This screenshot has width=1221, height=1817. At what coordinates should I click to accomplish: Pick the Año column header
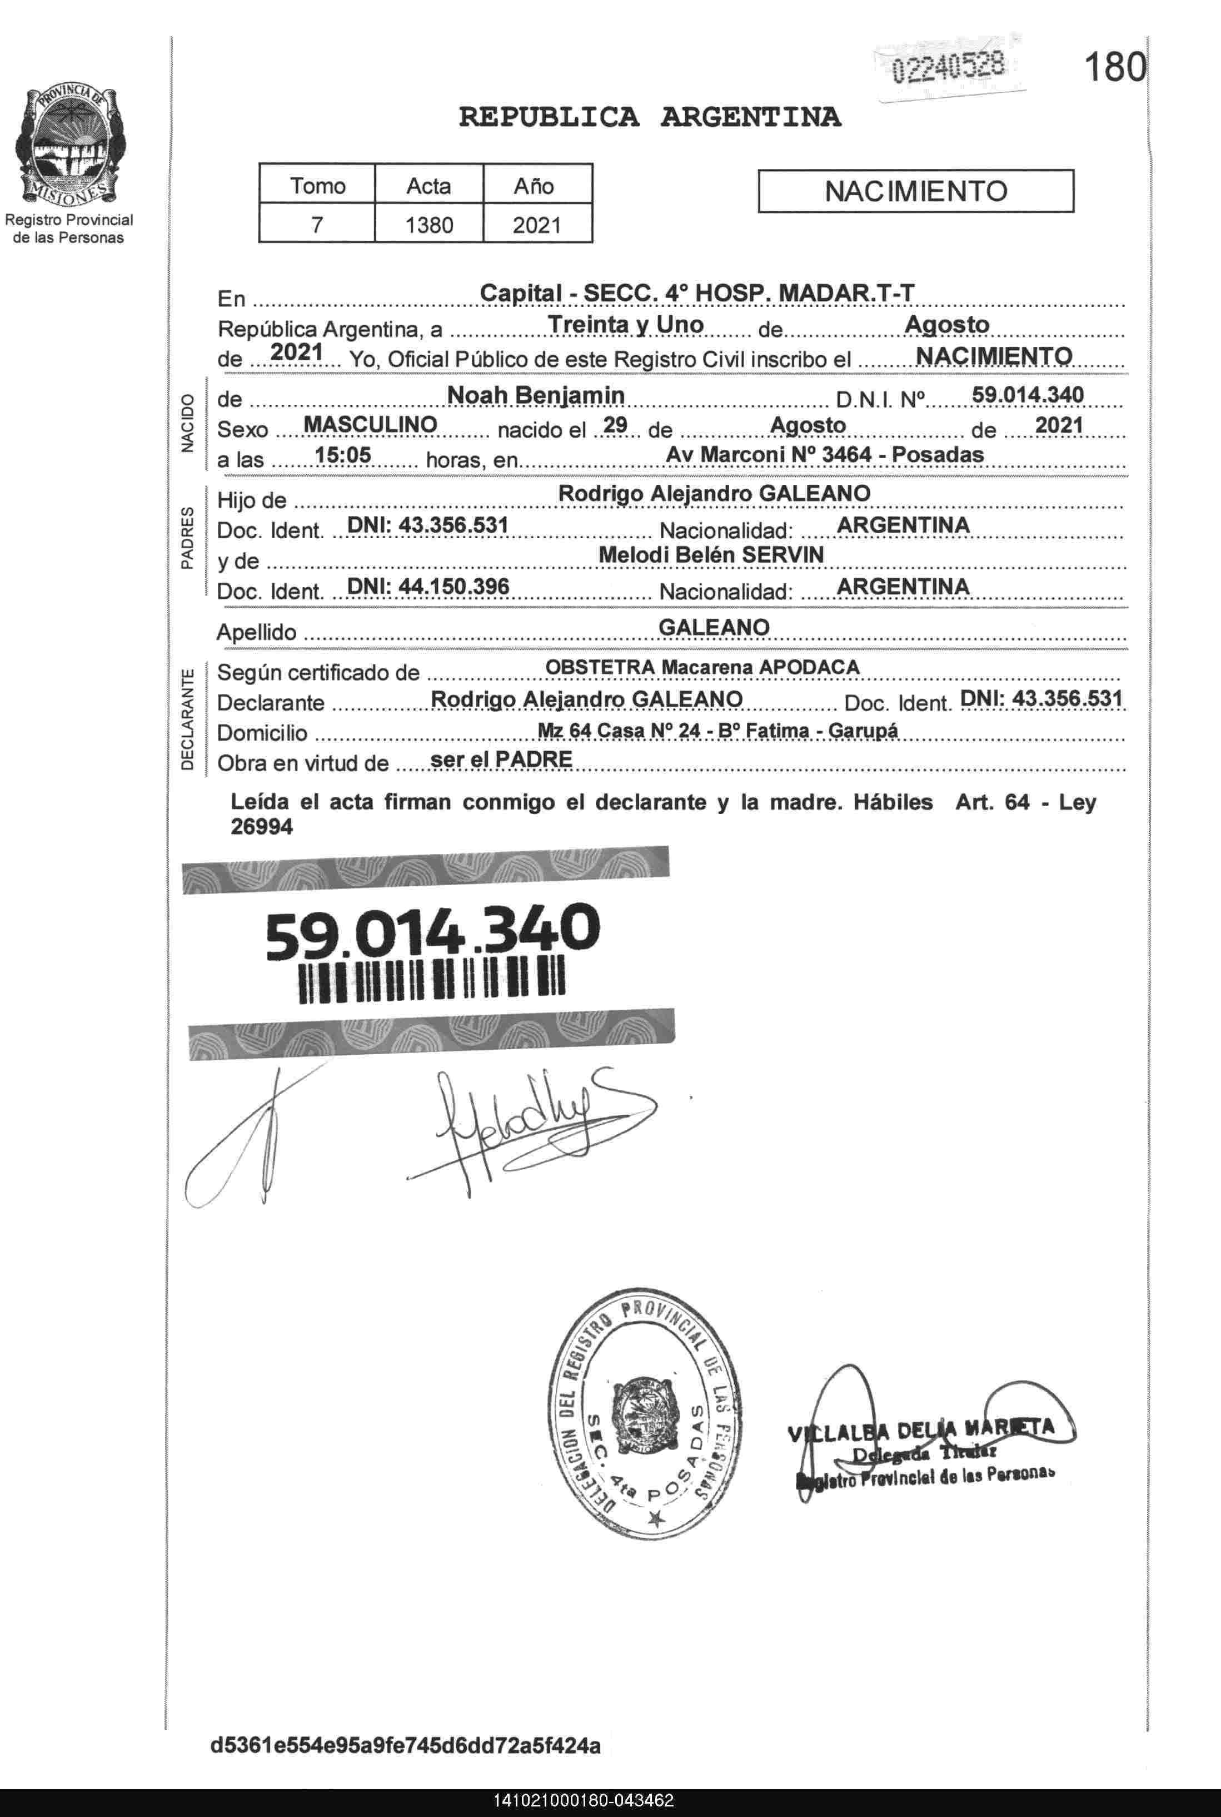tap(534, 185)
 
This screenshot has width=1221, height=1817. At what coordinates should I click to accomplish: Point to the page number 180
tap(1114, 68)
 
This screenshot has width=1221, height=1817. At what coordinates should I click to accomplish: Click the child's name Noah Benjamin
tap(535, 396)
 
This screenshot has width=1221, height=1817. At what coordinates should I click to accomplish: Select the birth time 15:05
tap(343, 455)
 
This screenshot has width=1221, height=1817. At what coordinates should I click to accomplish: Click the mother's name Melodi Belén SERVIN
tap(711, 554)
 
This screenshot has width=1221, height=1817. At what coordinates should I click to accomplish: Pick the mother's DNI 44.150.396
tap(428, 585)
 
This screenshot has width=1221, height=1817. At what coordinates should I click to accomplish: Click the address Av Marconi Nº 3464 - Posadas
tap(825, 454)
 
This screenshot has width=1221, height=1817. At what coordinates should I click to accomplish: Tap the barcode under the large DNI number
tap(432, 981)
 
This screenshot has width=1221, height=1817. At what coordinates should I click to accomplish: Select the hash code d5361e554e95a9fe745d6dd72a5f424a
tap(406, 1745)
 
